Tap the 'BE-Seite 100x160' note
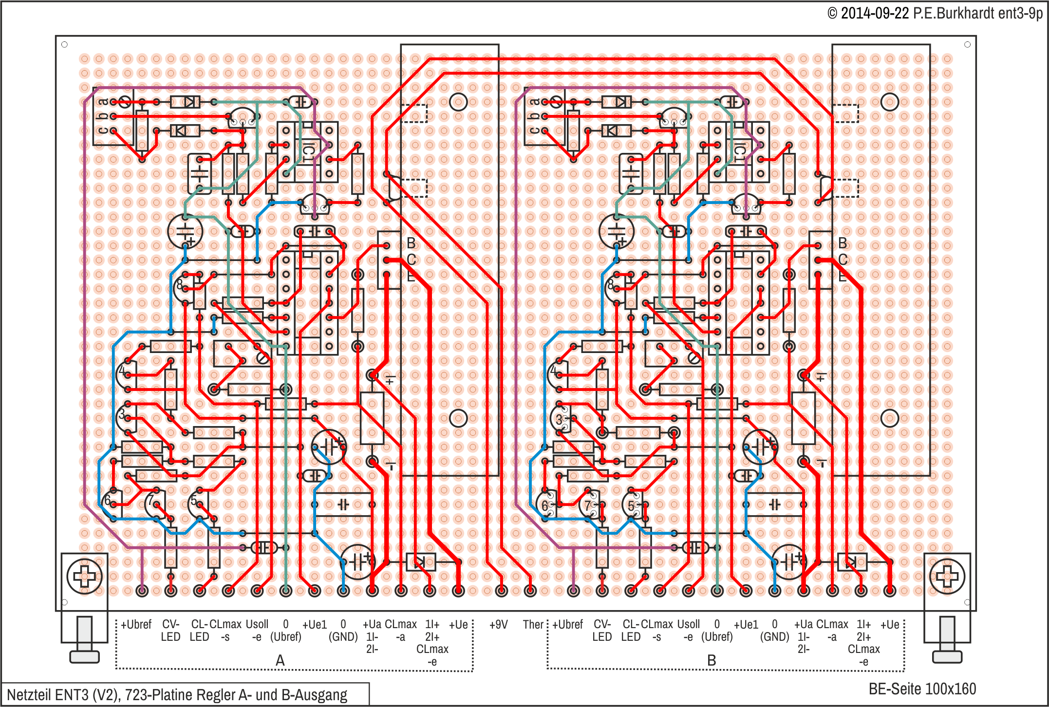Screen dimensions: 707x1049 [x=922, y=689]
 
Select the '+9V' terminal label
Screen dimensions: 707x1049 [x=498, y=625]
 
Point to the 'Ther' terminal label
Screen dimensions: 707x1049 [x=533, y=625]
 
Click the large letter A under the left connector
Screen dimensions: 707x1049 [x=280, y=661]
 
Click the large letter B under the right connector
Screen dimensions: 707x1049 [x=712, y=661]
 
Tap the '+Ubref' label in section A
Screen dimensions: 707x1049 [x=136, y=625]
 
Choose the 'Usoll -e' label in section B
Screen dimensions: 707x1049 [x=688, y=631]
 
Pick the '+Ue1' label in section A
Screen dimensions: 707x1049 [x=315, y=625]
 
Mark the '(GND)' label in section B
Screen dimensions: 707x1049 [x=774, y=637]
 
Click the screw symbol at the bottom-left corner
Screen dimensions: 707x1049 [x=84, y=577]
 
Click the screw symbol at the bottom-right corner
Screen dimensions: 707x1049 [x=947, y=577]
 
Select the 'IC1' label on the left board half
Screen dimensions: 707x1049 [x=308, y=152]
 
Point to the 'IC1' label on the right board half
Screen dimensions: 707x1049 [x=739, y=152]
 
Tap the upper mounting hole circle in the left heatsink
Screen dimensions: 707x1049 [x=458, y=102]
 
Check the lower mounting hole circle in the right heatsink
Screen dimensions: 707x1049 [x=890, y=418]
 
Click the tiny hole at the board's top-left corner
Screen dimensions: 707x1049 [x=64, y=45]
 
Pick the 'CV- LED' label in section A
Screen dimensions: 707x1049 [x=170, y=631]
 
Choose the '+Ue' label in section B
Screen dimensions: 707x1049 [x=890, y=625]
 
